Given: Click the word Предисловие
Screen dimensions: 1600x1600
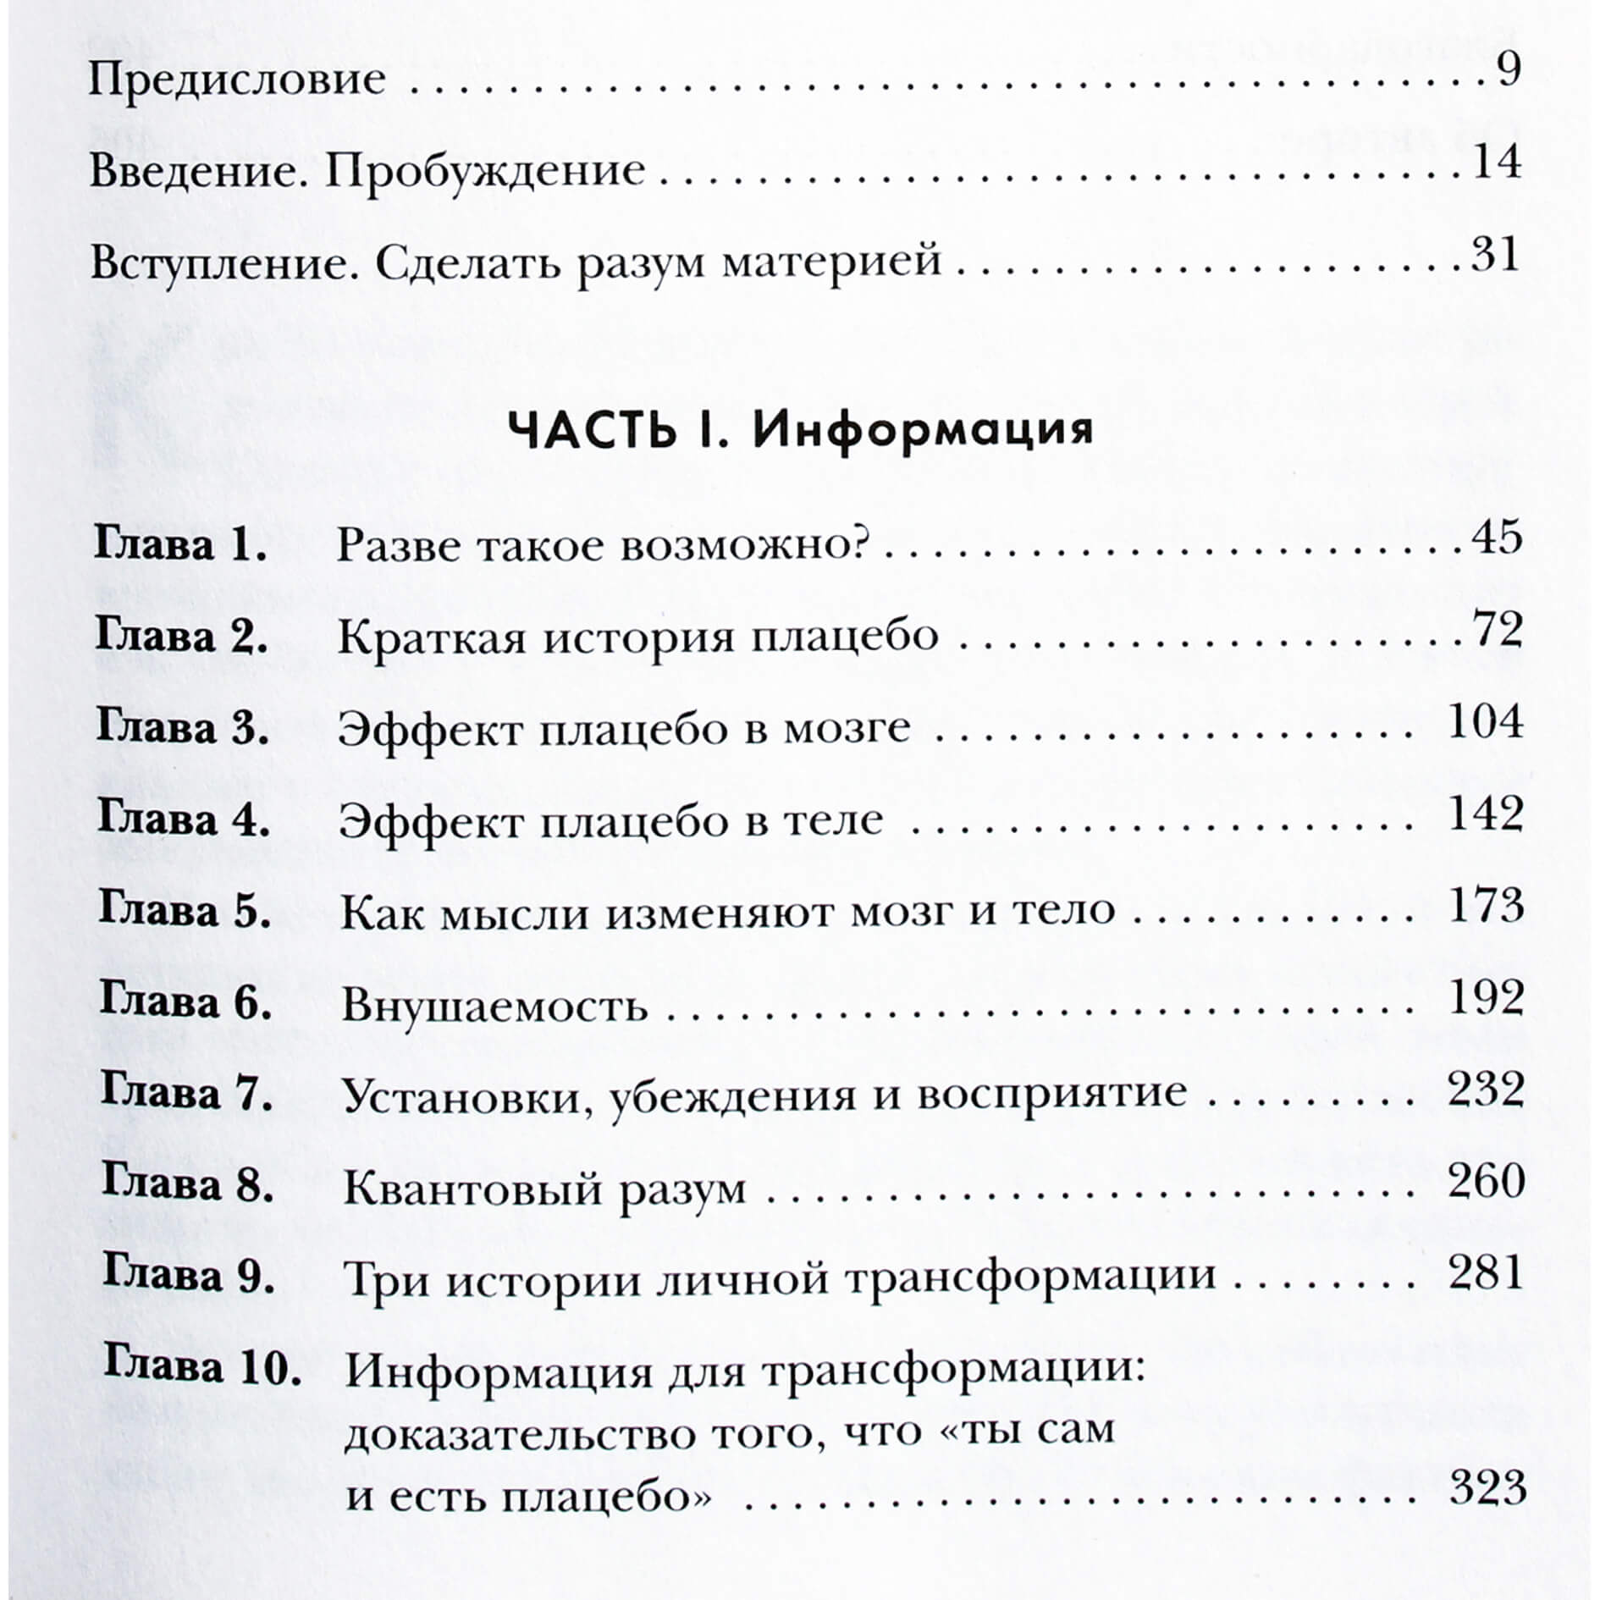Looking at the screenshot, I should pos(237,81).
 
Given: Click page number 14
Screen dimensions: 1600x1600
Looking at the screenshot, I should pos(1496,163).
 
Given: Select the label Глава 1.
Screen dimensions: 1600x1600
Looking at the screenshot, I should pos(180,546).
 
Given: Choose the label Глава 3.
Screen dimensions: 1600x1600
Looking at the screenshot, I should pos(183,729).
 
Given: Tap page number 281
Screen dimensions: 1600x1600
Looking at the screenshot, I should pos(1486,1272).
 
